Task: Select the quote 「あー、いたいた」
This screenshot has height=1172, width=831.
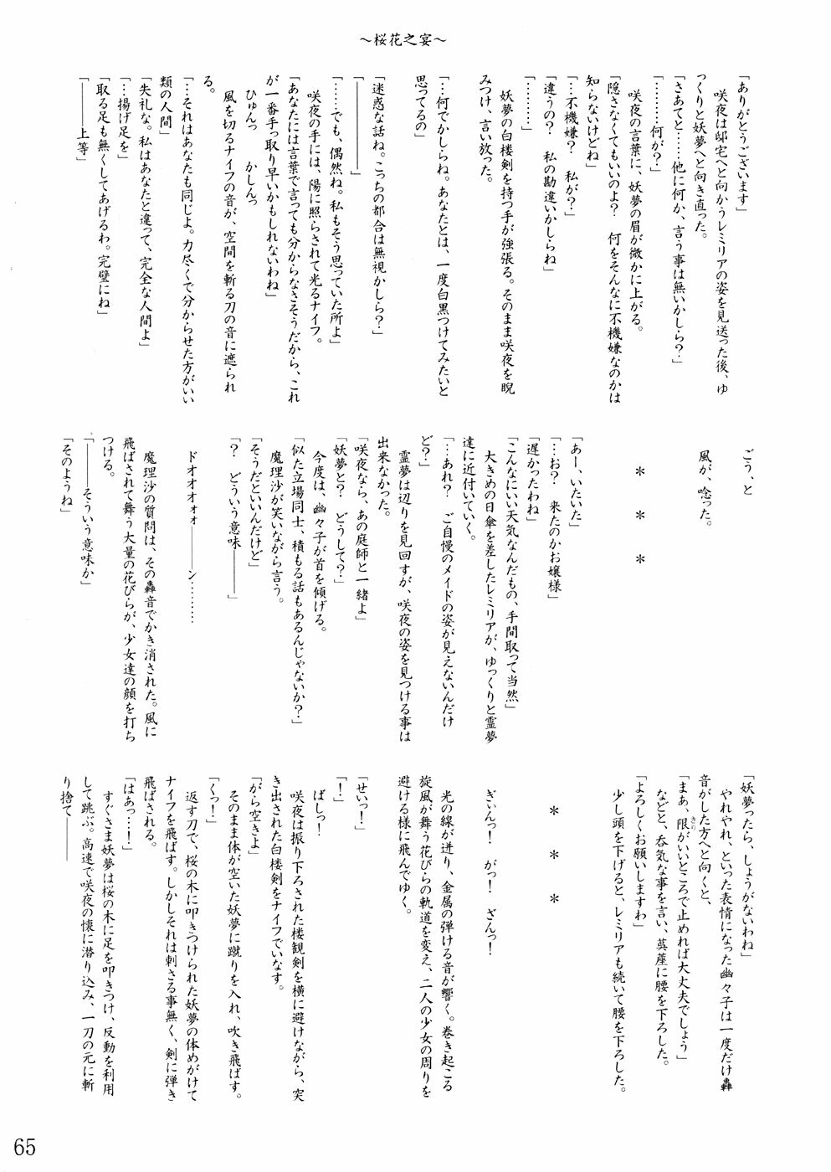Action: pos(578,481)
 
